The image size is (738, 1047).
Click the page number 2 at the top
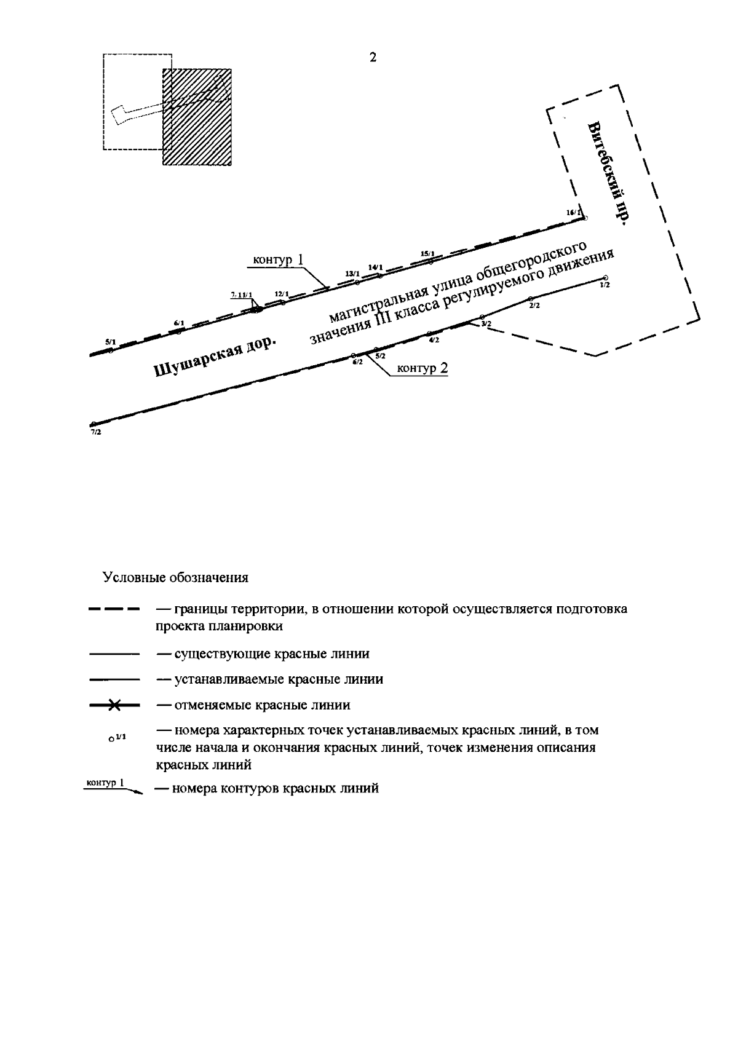point(373,58)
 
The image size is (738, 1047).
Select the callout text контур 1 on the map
point(278,259)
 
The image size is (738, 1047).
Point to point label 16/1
point(573,212)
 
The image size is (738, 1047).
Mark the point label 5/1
point(110,341)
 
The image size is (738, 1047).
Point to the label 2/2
point(534,306)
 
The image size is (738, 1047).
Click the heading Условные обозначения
point(175,578)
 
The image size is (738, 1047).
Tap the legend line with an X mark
point(114,705)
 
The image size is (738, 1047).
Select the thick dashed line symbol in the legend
point(114,610)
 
